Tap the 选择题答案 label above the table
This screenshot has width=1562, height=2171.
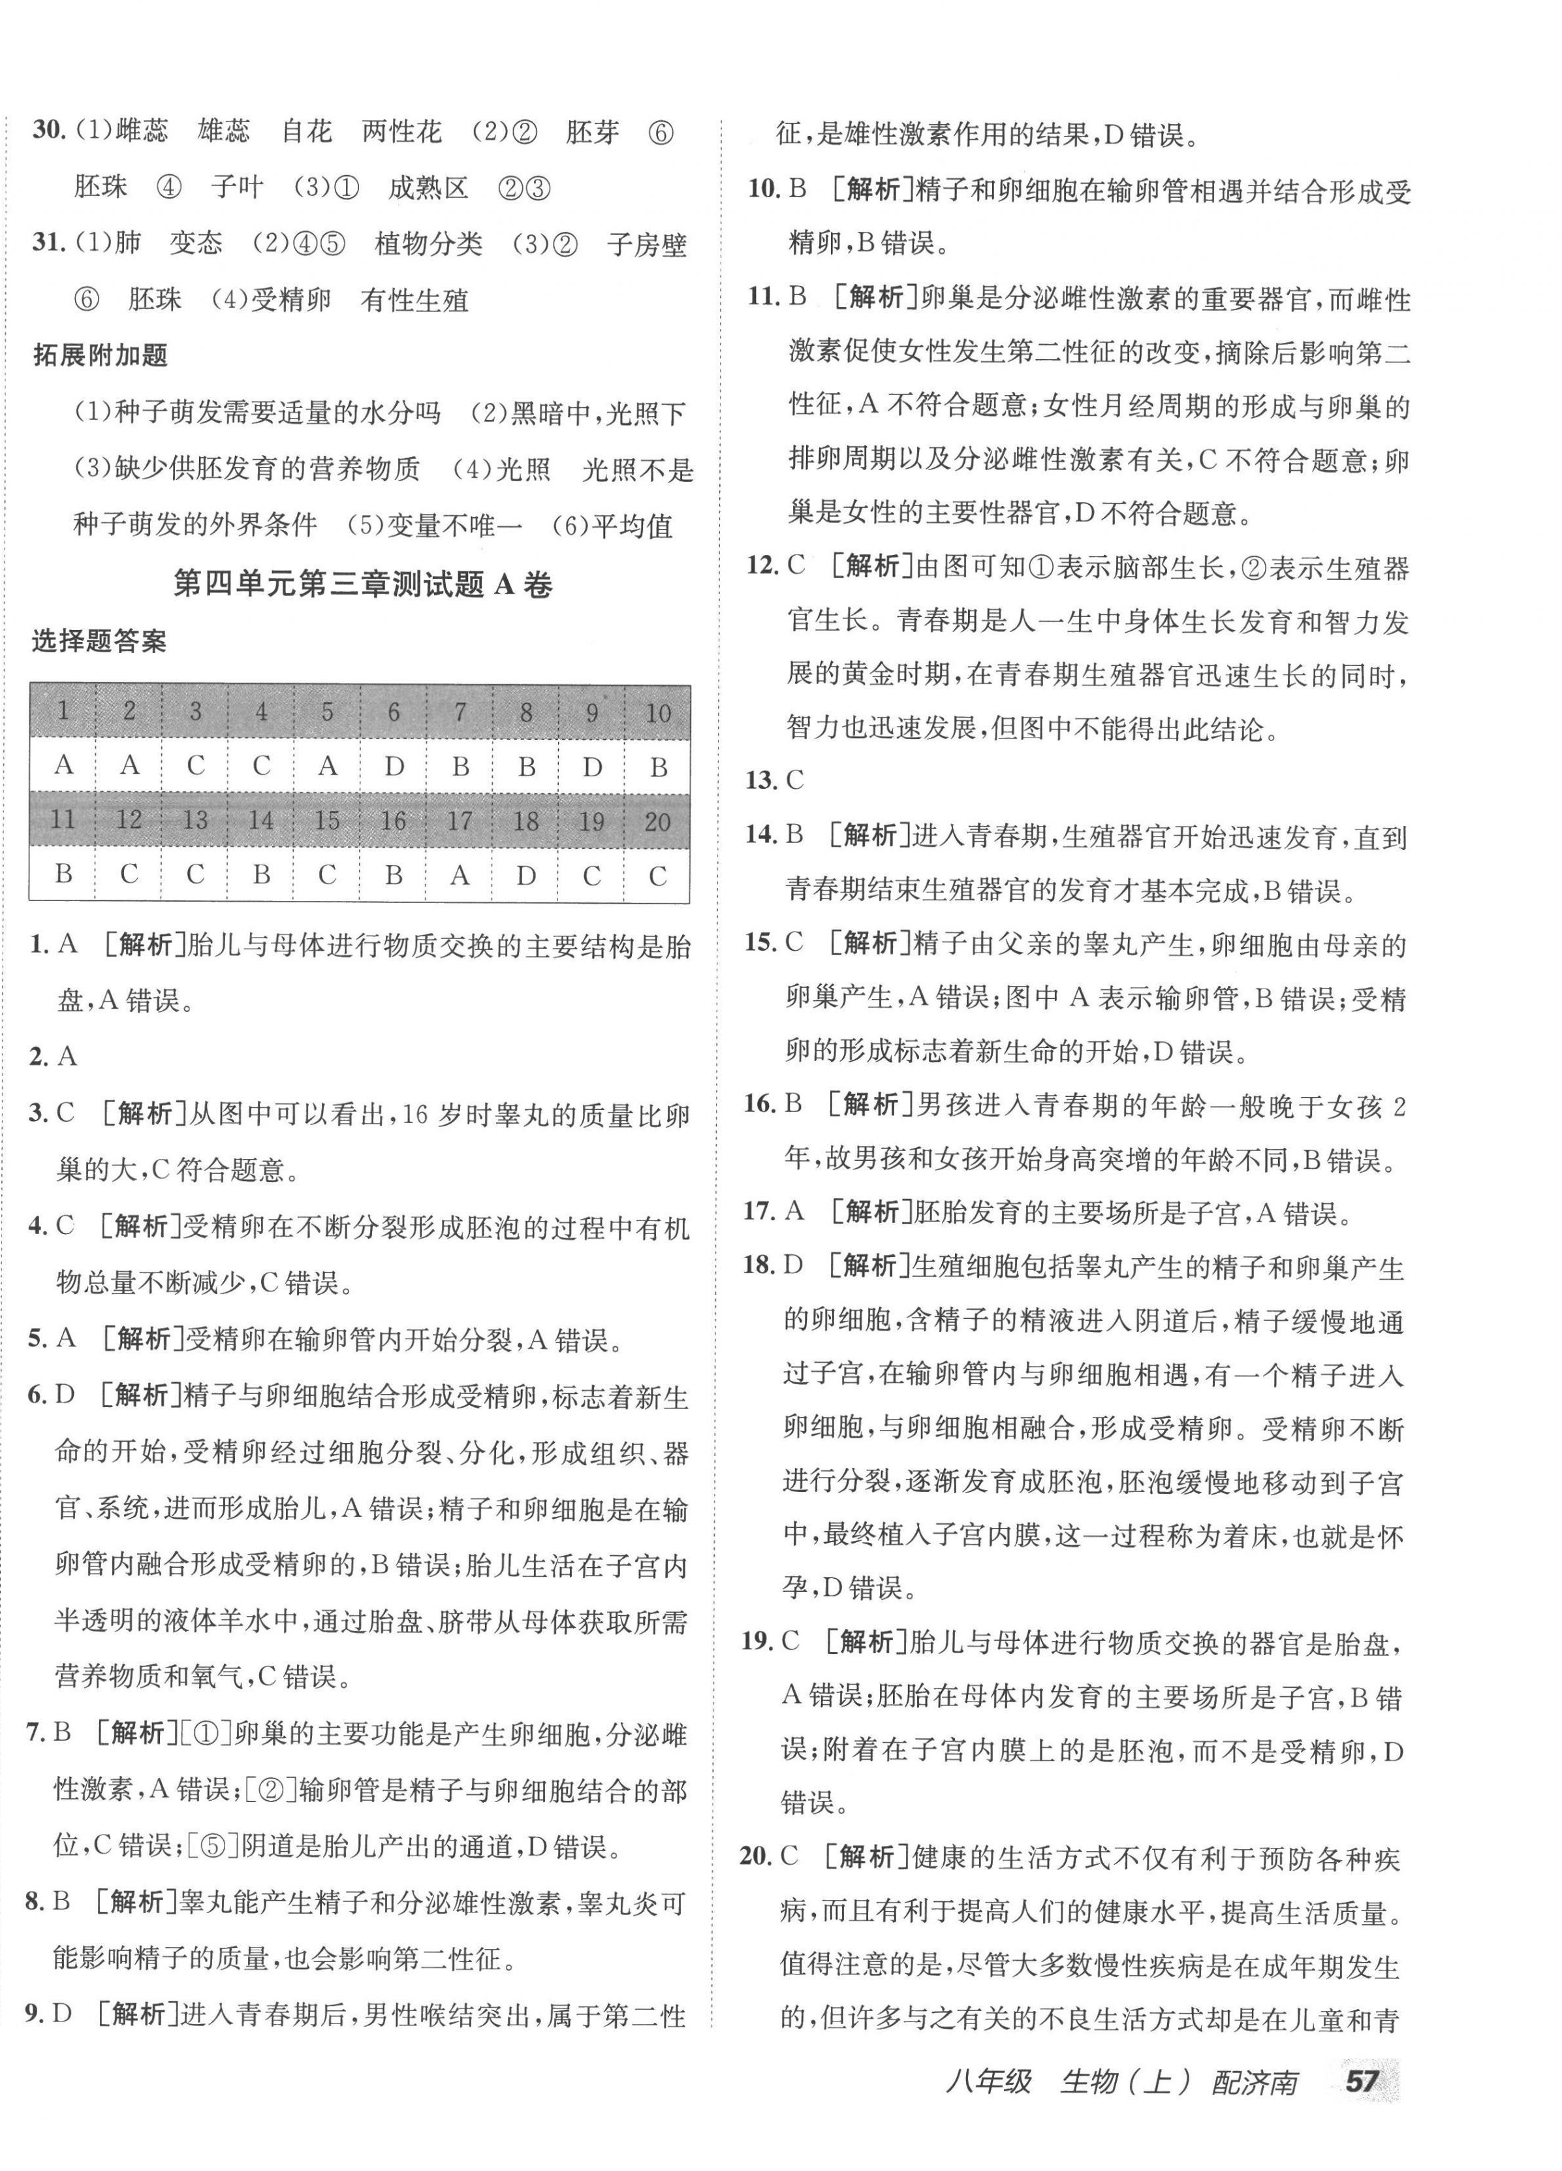[x=99, y=641]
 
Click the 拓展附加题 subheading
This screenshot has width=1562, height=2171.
[x=101, y=355]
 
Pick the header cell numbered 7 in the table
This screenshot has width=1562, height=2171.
[x=460, y=712]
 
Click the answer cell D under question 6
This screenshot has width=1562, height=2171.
[x=394, y=766]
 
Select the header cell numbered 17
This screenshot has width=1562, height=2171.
[x=460, y=820]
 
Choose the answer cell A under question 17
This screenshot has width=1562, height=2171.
[x=460, y=875]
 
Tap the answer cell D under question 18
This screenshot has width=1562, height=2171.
[x=525, y=875]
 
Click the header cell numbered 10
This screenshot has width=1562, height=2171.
[x=657, y=712]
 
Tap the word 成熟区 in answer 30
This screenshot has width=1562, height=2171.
[x=428, y=187]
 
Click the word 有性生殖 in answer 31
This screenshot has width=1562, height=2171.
[x=414, y=300]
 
